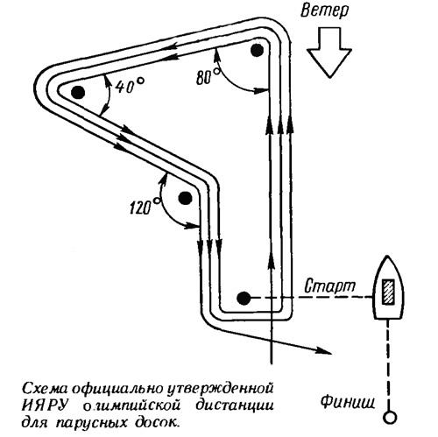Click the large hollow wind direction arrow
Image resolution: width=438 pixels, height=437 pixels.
(x=329, y=53)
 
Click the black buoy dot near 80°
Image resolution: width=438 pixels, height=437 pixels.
(x=258, y=50)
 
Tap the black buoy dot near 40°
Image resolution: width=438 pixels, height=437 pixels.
(x=78, y=93)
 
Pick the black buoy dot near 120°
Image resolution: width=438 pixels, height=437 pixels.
(x=185, y=199)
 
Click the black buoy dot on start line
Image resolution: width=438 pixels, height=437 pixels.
(x=244, y=298)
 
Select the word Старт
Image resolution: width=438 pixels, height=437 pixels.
(x=330, y=286)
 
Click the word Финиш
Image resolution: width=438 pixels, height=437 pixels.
(x=348, y=401)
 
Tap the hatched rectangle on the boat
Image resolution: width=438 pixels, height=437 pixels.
(x=389, y=292)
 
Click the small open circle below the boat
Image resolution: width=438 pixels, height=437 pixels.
(x=389, y=417)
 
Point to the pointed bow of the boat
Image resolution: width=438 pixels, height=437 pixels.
(x=388, y=257)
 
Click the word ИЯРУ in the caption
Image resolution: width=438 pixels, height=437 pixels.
(x=46, y=406)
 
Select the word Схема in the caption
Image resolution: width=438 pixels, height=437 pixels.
(x=46, y=389)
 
